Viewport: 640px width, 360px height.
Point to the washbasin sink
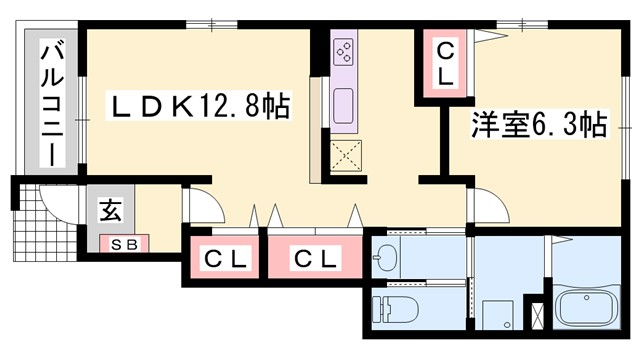click(x=385, y=259)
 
